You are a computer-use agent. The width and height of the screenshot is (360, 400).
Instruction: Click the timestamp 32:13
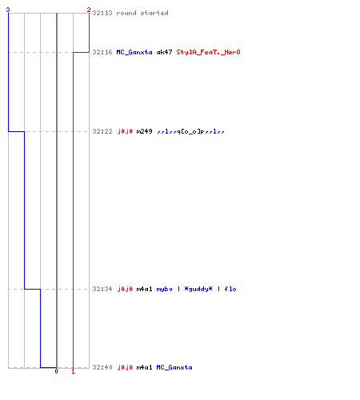point(102,13)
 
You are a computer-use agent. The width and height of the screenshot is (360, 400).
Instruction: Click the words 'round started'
point(142,13)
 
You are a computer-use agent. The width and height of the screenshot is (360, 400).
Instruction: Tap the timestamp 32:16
point(102,52)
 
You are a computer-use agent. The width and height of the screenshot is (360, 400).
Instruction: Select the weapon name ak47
point(164,52)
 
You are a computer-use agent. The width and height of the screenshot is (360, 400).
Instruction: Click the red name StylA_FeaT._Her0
point(208,52)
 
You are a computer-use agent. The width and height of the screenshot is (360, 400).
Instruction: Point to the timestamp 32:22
point(102,131)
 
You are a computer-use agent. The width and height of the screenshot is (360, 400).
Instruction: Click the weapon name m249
point(144,131)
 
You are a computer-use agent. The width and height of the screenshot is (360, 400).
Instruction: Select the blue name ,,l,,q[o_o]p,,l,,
point(190,131)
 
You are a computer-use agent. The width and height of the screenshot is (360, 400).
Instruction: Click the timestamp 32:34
point(102,289)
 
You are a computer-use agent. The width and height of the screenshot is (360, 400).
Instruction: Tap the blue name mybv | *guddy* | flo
point(196,289)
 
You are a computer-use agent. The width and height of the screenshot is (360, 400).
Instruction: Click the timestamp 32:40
point(102,367)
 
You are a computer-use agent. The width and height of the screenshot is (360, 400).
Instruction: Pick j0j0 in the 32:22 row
point(125,131)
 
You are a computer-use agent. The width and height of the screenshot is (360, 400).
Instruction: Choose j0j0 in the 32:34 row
point(125,289)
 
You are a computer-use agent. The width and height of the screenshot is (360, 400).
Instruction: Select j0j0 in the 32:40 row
point(125,367)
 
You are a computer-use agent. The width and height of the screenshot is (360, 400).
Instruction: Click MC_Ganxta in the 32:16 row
point(134,52)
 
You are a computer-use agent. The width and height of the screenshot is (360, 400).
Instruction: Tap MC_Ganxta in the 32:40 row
point(174,367)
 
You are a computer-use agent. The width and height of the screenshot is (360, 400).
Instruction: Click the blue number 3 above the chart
point(8,10)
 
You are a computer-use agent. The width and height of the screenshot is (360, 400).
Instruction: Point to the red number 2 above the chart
point(89,10)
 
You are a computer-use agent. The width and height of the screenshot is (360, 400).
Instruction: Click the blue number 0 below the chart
point(56,371)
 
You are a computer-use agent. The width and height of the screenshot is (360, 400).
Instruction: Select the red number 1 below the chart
point(73,371)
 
